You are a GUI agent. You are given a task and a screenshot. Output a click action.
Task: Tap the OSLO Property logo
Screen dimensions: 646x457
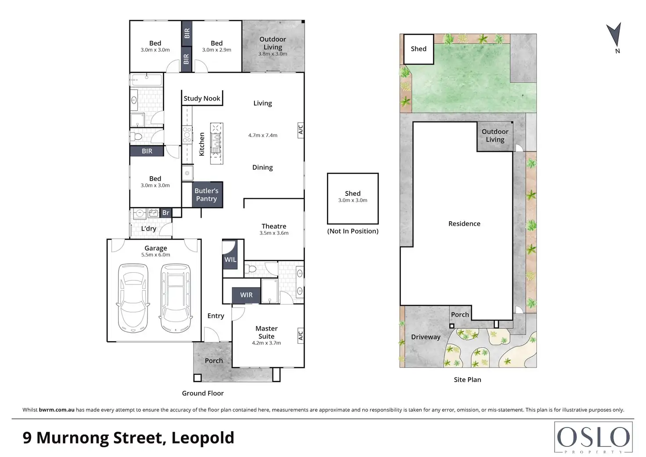[x=593, y=437]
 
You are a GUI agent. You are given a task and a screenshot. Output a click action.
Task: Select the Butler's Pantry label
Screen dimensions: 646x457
[x=207, y=195]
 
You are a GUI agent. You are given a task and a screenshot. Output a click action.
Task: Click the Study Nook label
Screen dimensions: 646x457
[x=202, y=98]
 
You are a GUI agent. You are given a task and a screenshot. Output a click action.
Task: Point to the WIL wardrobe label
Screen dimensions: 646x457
[x=230, y=259]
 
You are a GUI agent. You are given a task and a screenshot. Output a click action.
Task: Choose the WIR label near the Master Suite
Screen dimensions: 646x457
[x=246, y=295]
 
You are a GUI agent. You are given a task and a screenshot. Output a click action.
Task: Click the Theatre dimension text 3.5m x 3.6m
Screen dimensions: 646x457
[x=274, y=233]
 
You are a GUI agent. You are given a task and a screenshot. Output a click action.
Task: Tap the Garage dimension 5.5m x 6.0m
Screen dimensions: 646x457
[x=156, y=255]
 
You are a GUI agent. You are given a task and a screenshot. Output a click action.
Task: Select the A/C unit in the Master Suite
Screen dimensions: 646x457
[x=301, y=335]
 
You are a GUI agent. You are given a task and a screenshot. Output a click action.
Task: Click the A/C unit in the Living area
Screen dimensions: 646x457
[x=301, y=130]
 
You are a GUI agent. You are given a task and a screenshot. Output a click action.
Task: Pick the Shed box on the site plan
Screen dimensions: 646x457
[x=419, y=49]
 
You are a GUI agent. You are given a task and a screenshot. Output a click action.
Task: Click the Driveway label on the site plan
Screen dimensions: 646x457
[x=426, y=337]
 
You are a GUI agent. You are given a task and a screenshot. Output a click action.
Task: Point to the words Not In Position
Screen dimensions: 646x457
[x=353, y=231]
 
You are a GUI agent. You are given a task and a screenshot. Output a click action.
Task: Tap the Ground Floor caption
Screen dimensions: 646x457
[x=203, y=393]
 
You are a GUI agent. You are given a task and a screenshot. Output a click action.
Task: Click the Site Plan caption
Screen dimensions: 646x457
[x=467, y=380]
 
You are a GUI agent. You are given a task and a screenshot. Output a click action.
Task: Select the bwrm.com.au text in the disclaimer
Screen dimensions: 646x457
[x=57, y=410]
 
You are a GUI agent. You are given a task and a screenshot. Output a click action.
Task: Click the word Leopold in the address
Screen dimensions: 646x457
[x=203, y=438]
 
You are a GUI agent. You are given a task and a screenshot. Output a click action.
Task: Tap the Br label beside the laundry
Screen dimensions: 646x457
[x=165, y=212]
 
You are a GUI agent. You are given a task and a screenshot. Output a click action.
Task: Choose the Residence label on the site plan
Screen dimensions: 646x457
[x=464, y=223]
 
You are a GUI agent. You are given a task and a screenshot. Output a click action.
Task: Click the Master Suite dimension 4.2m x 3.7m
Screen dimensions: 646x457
[x=266, y=343]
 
